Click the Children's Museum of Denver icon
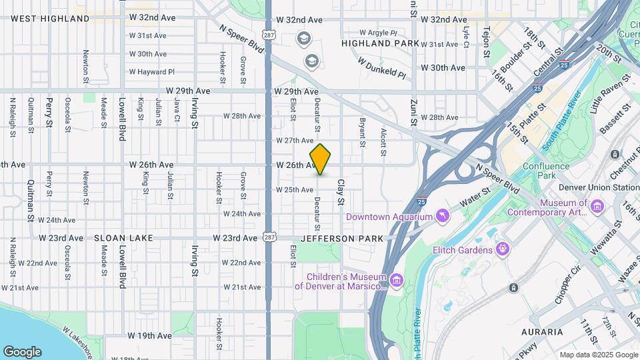pos(397,281)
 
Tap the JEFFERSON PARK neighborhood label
pos(342,238)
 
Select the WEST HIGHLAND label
pos(50,19)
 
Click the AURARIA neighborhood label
pos(543,331)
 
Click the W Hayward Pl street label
pos(151,72)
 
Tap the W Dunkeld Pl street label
pos(381,67)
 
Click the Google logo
pos(22,351)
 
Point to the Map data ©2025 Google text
pos(598,355)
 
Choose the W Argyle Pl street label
pos(378,32)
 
